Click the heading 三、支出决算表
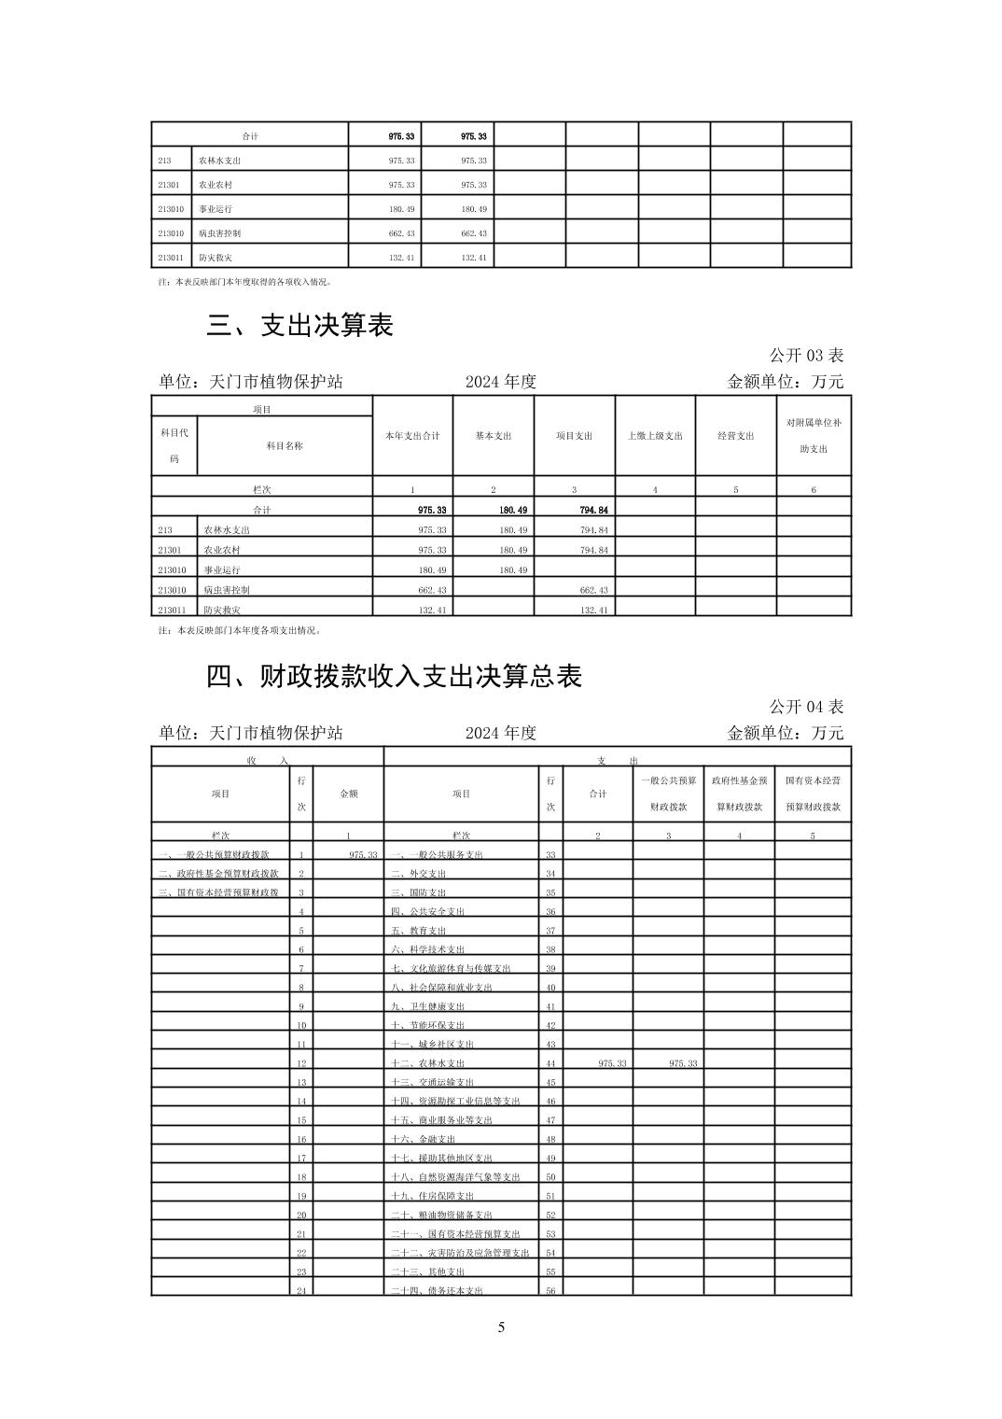299,325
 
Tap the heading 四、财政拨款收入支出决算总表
394,676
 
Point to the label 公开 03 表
806,356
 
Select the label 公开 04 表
806,707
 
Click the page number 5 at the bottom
501,1328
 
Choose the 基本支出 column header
494,436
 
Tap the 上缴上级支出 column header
655,436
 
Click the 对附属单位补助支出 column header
813,436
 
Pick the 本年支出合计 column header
412,436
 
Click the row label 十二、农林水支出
427,1063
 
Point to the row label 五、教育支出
418,931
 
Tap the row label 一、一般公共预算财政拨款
215,855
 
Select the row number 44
550,1063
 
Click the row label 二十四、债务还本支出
437,1291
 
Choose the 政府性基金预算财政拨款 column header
739,794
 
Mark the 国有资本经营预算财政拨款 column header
813,794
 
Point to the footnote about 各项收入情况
244,281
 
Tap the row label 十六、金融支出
423,1139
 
